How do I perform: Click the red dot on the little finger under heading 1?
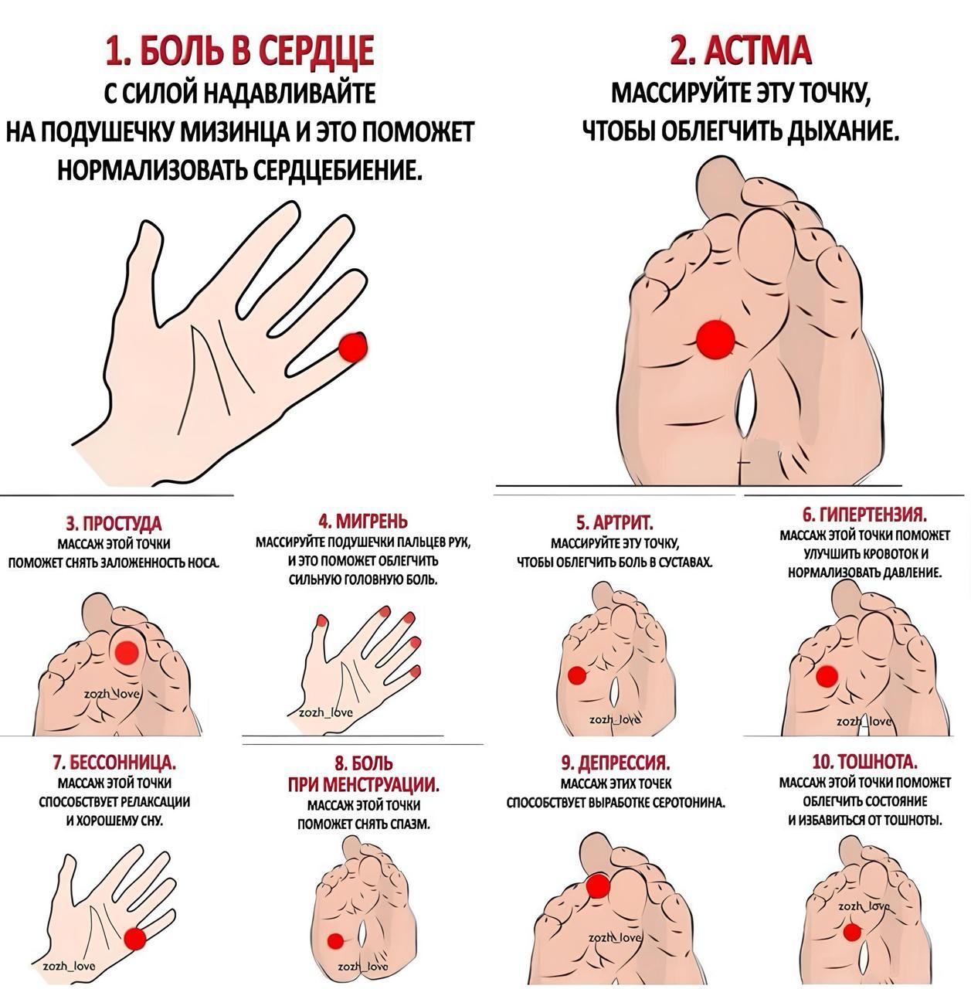tap(353, 347)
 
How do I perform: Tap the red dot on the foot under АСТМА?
tap(715, 338)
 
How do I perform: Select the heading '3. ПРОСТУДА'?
tap(114, 524)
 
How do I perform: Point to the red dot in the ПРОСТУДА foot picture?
tap(126, 652)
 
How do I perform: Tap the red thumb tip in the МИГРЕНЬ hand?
tap(322, 621)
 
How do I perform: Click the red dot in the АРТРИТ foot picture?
tap(577, 675)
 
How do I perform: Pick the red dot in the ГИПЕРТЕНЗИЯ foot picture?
tap(827, 676)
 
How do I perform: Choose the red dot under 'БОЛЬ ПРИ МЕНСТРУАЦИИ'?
tap(335, 940)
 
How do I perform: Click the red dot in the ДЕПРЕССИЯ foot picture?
tap(598, 885)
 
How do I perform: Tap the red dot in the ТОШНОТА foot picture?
tap(852, 932)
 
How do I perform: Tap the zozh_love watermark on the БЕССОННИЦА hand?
tap(69, 967)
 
